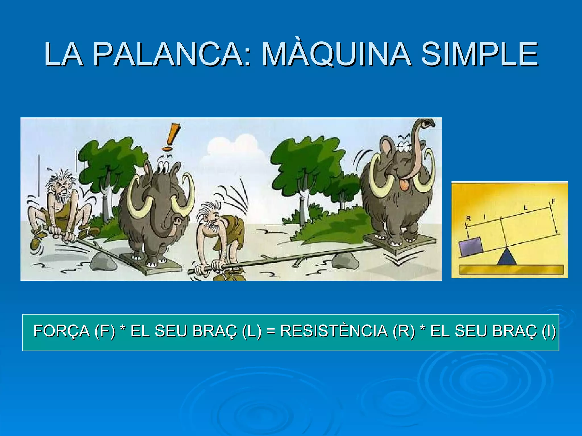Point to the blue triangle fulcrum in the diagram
tap(506, 257)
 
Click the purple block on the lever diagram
tap(471, 247)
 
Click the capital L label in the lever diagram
tap(525, 208)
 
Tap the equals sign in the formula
tap(271, 332)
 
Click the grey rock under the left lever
tap(103, 262)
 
